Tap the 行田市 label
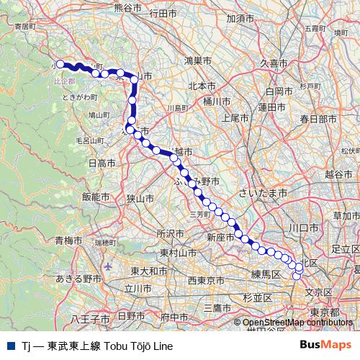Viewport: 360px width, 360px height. point(162,13)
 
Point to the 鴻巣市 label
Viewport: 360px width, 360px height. point(197,60)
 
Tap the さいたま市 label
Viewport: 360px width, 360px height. point(263,194)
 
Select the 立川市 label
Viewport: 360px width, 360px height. point(138,287)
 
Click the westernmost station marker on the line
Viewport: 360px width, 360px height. point(60,63)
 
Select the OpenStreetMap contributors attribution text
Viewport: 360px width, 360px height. point(297,323)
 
